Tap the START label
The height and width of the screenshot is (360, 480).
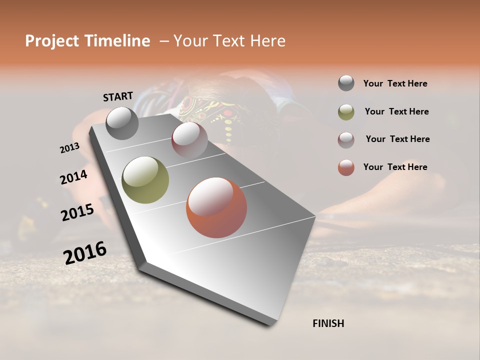tap(118, 96)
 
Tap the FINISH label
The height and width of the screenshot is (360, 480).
tap(328, 323)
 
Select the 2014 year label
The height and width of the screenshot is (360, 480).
tap(73, 177)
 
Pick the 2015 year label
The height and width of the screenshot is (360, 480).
tap(77, 212)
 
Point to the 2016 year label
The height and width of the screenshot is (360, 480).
tap(85, 252)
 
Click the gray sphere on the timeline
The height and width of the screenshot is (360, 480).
tap(122, 123)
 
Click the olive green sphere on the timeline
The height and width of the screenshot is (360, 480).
tap(145, 180)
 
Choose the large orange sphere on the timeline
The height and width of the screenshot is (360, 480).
tap(216, 207)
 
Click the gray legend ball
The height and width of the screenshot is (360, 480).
tap(346, 83)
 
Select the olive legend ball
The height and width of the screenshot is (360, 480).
tap(346, 112)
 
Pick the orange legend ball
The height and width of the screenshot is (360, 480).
tap(346, 167)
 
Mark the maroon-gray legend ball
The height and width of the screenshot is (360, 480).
tap(346, 139)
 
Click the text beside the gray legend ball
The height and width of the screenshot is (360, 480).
tap(395, 83)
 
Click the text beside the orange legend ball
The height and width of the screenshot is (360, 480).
tap(395, 167)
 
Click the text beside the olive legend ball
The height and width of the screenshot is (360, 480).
tap(396, 111)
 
